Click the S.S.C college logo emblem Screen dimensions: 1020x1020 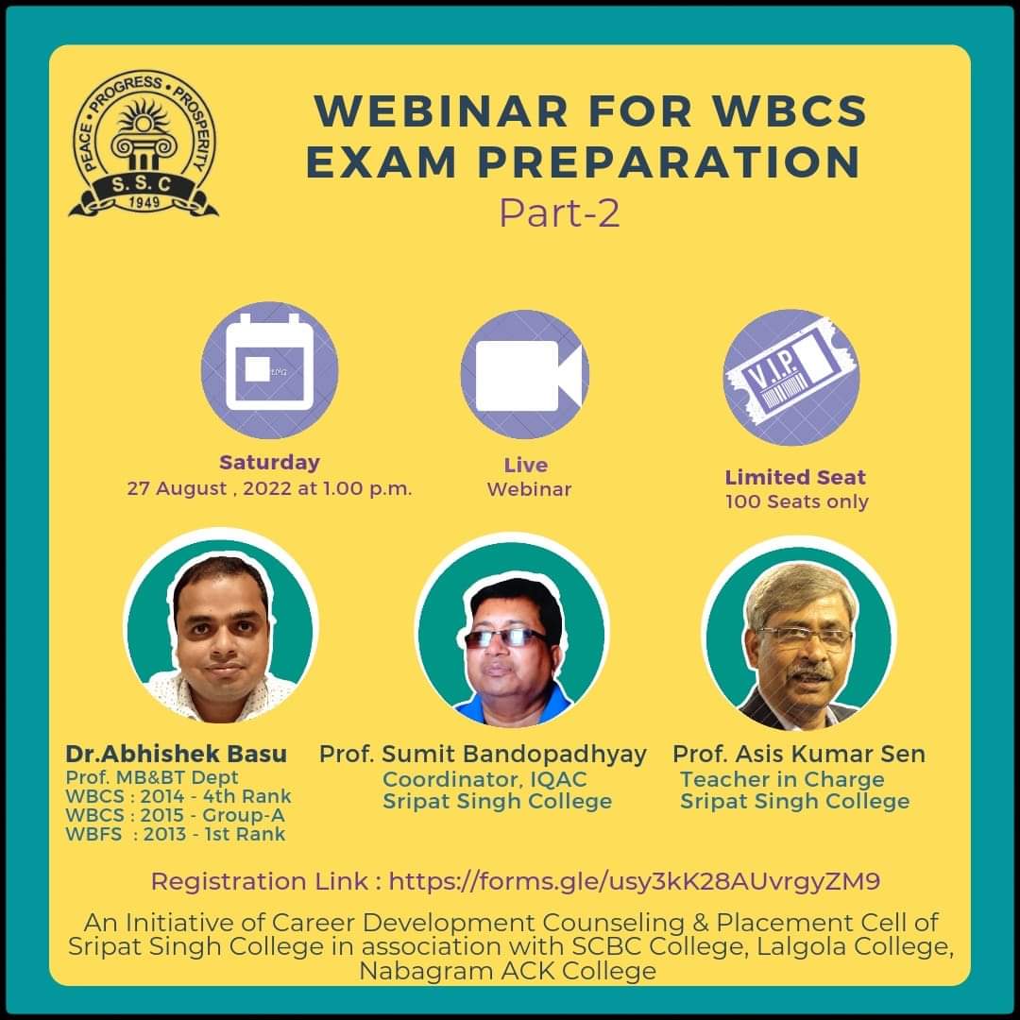[144, 144]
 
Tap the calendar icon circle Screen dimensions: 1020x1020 [269, 369]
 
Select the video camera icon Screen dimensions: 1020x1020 [525, 375]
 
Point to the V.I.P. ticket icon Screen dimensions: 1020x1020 [791, 377]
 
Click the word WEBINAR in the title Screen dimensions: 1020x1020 [442, 110]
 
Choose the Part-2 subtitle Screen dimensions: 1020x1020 [559, 213]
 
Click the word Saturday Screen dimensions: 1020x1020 [269, 463]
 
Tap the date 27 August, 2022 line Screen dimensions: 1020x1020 [269, 488]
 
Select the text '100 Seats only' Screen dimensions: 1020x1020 [797, 501]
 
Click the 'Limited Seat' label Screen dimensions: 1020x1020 [795, 477]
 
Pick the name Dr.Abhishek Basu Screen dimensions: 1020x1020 [177, 754]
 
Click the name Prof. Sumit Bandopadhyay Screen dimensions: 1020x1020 [483, 755]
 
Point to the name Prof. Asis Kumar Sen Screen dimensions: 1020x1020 [799, 754]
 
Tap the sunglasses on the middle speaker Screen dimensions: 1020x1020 [507, 637]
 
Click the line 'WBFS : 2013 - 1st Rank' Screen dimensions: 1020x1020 [176, 834]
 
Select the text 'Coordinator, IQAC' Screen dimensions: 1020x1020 [484, 779]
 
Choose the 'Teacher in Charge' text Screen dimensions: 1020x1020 [782, 779]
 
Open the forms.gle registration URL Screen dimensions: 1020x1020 [635, 881]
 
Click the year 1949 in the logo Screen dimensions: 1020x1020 [144, 202]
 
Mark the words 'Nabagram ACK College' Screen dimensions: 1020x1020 [507, 971]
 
